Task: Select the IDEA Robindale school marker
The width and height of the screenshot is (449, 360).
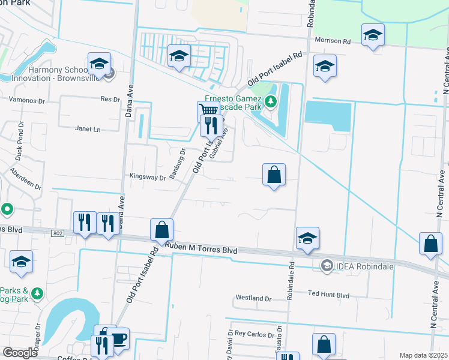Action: pos(327,265)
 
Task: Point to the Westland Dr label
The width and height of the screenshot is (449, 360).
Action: pos(253,298)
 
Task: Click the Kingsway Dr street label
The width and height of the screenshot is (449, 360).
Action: pos(148,177)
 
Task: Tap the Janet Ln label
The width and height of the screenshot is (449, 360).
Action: pos(88,128)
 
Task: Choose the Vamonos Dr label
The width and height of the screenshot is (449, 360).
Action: pos(27,99)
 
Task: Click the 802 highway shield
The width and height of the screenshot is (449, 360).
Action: pos(57,232)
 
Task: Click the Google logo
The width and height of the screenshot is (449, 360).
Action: pos(20,352)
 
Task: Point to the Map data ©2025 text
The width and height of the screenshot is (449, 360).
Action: pos(423,355)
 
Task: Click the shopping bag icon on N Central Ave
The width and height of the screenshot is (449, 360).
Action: pos(431,243)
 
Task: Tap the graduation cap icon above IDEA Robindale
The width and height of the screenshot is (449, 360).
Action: pos(307,238)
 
